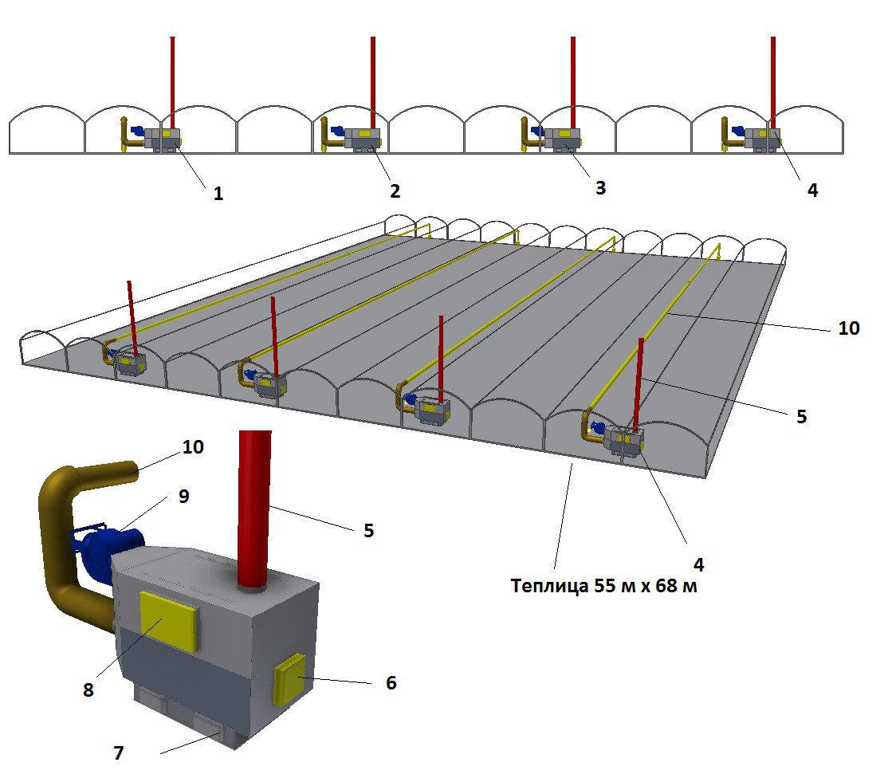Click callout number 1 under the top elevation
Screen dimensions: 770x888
click(x=218, y=193)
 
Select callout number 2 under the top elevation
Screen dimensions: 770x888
click(x=395, y=191)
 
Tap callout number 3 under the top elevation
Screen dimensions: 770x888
click(x=600, y=187)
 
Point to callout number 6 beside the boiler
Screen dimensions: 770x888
click(x=391, y=683)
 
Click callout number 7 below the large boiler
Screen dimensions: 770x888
click(x=119, y=752)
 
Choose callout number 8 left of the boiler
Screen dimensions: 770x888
click(x=88, y=690)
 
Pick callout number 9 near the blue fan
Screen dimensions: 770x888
click(x=184, y=496)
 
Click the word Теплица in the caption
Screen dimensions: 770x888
click(x=548, y=587)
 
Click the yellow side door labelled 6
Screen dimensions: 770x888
click(x=289, y=678)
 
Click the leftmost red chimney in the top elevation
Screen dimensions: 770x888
click(x=171, y=80)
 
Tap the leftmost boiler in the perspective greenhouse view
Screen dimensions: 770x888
click(x=129, y=363)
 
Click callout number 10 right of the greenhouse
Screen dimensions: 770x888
click(x=849, y=328)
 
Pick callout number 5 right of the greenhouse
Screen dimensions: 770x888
click(x=801, y=416)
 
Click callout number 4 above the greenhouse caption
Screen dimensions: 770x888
click(x=698, y=564)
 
